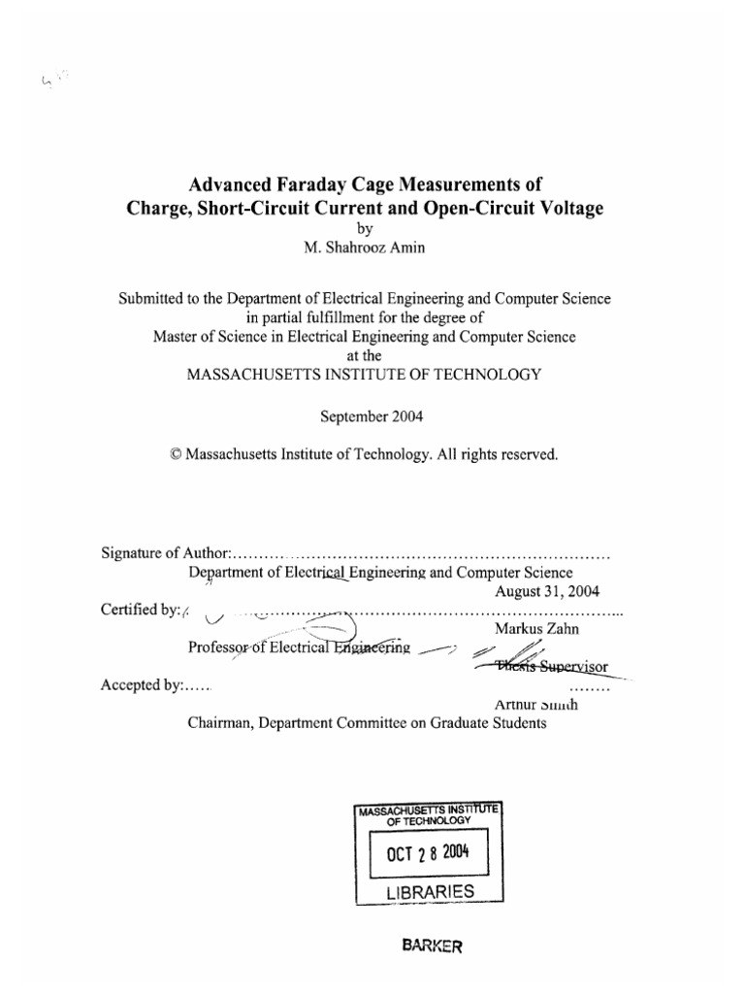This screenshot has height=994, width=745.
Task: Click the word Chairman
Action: pyautogui.click(x=219, y=722)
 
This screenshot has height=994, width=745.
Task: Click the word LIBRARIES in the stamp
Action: pyautogui.click(x=428, y=891)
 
